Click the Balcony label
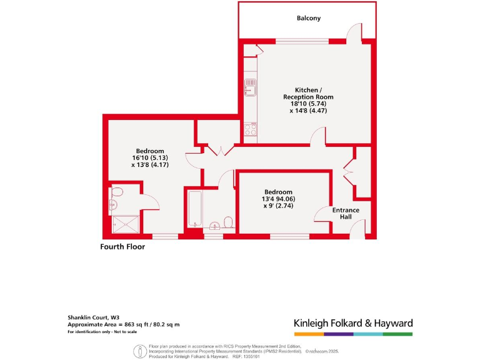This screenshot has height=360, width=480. pyautogui.click(x=308, y=18)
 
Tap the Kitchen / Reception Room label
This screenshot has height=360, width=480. pyautogui.click(x=308, y=93)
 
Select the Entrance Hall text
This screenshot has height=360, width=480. pyautogui.click(x=346, y=213)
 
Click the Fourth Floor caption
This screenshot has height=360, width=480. pyautogui.click(x=122, y=247)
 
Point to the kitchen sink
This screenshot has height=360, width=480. pyautogui.click(x=250, y=87)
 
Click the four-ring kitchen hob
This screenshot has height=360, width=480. pyautogui.click(x=251, y=129)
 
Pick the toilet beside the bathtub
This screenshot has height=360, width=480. pyautogui.click(x=228, y=222)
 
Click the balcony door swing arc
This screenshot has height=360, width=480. pyautogui.click(x=354, y=32)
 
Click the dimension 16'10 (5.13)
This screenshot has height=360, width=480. pyautogui.click(x=150, y=158)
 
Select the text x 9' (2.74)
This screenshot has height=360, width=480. pyautogui.click(x=278, y=206)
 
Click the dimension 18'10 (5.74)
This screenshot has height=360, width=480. pyautogui.click(x=308, y=104)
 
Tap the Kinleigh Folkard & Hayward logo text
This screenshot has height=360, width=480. pyautogui.click(x=353, y=323)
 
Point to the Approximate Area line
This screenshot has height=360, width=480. pyautogui.click(x=124, y=324)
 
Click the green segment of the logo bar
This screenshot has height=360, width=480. pyautogui.click(x=397, y=334)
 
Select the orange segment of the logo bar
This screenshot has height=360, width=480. pyautogui.click(x=308, y=334)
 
